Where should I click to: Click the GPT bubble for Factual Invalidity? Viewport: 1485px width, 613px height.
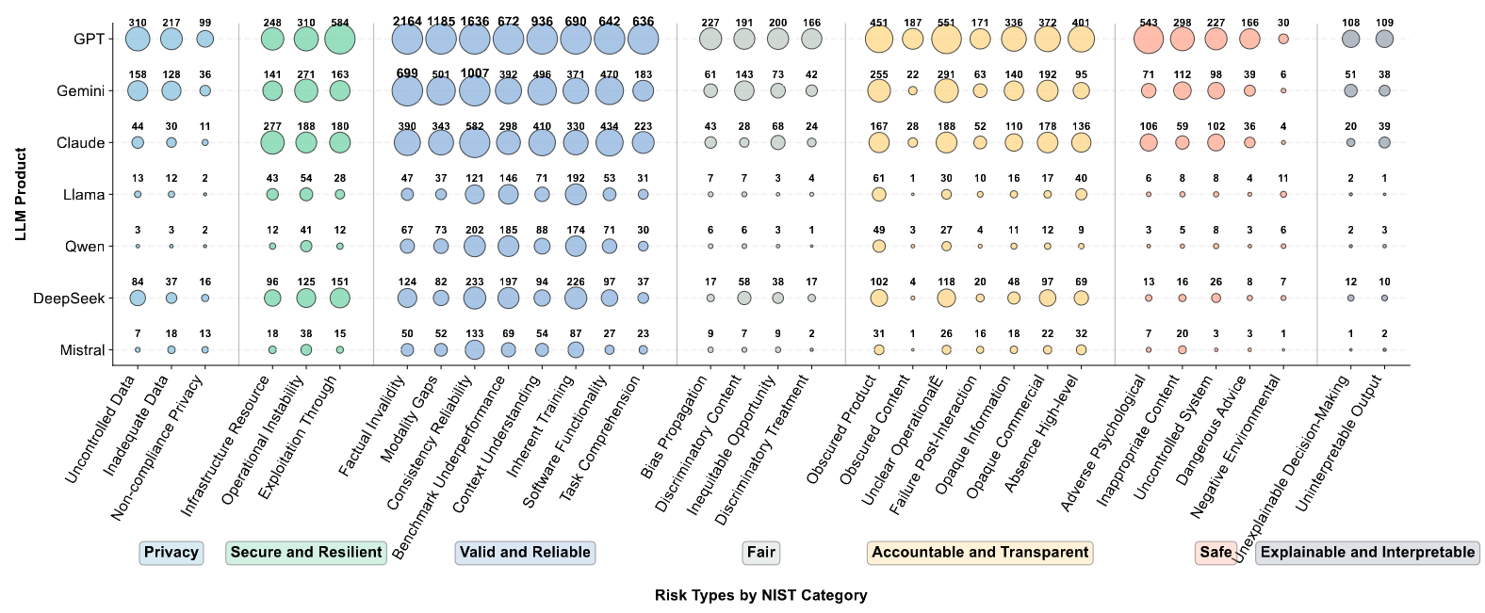407,40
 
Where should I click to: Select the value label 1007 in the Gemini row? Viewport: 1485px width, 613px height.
475,74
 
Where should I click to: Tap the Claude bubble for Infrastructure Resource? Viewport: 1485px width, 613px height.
272,142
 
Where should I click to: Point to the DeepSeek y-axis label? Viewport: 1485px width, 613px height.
69,298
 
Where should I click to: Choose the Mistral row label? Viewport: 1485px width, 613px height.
82,350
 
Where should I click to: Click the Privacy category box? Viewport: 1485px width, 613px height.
171,553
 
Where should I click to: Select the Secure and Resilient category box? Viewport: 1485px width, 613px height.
306,553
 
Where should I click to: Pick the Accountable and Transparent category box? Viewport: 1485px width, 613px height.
980,553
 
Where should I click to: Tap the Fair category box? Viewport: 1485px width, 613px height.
760,553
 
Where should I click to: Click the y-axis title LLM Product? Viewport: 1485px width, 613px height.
21,194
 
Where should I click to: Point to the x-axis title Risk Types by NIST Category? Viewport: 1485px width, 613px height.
760,595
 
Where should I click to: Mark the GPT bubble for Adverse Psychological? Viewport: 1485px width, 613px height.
1149,40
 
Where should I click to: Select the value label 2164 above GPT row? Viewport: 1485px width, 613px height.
407,22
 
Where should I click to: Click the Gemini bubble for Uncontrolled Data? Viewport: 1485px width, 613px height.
138,90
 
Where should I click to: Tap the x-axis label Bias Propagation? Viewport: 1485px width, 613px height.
675,426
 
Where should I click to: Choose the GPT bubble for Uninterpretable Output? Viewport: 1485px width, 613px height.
1384,39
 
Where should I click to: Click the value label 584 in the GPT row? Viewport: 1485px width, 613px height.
340,23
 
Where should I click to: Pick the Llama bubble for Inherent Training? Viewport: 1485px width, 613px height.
576,194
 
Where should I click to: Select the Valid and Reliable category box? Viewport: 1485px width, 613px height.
525,553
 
